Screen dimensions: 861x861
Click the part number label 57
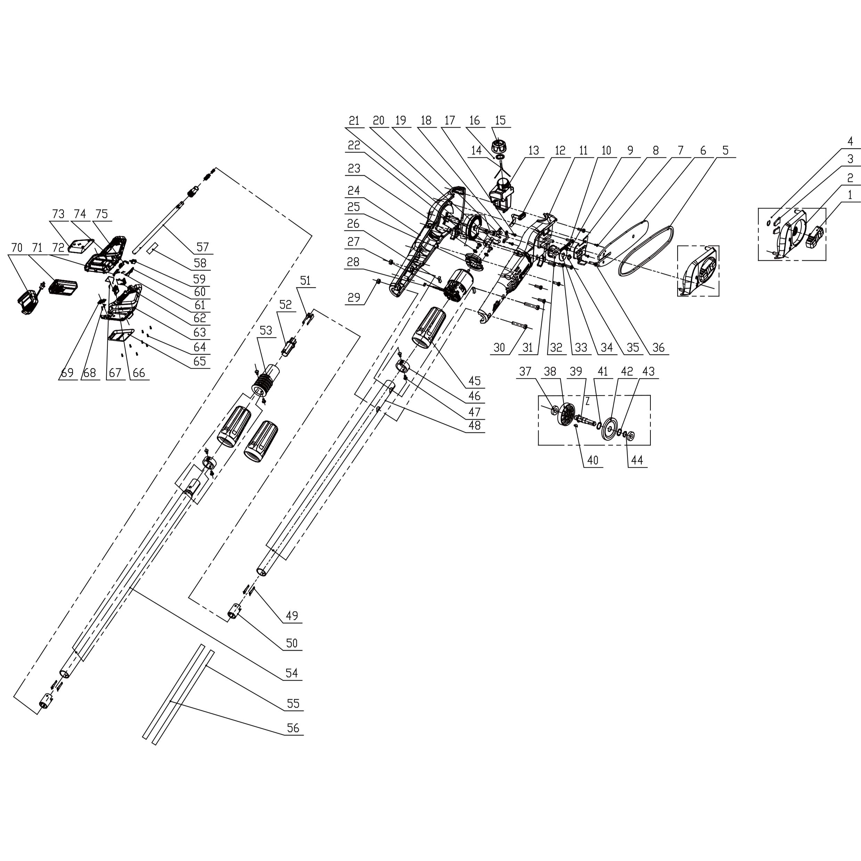202,247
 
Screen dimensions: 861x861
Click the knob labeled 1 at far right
814,236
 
